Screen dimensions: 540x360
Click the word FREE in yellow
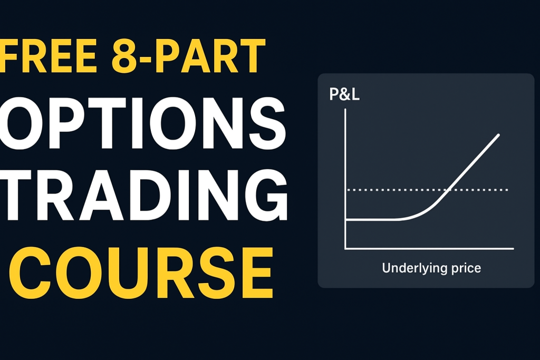[x=48, y=56]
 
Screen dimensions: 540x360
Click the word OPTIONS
[x=143, y=123]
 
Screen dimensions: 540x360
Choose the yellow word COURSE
[x=141, y=273]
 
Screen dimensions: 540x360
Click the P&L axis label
[x=344, y=94]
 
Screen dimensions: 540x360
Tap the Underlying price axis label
[x=431, y=268]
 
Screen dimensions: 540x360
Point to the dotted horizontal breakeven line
[x=427, y=190]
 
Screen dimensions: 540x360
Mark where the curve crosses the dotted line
[x=448, y=190]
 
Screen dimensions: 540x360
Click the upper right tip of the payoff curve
[x=499, y=134]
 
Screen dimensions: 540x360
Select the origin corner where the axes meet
[x=345, y=248]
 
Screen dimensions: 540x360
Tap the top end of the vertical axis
[x=345, y=110]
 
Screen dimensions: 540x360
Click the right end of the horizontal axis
[x=514, y=248]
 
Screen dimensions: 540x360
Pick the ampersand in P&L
[x=345, y=94]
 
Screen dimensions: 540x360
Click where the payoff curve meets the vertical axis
[x=345, y=219]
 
